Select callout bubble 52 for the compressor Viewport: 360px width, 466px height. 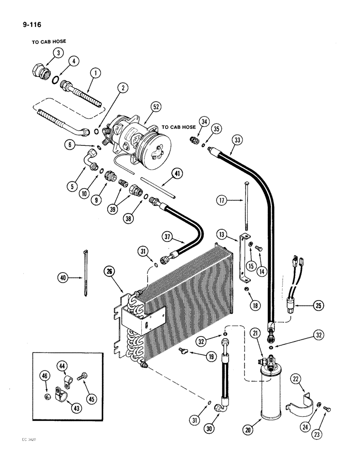[156, 107]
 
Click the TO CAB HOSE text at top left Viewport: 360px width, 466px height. [48, 41]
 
